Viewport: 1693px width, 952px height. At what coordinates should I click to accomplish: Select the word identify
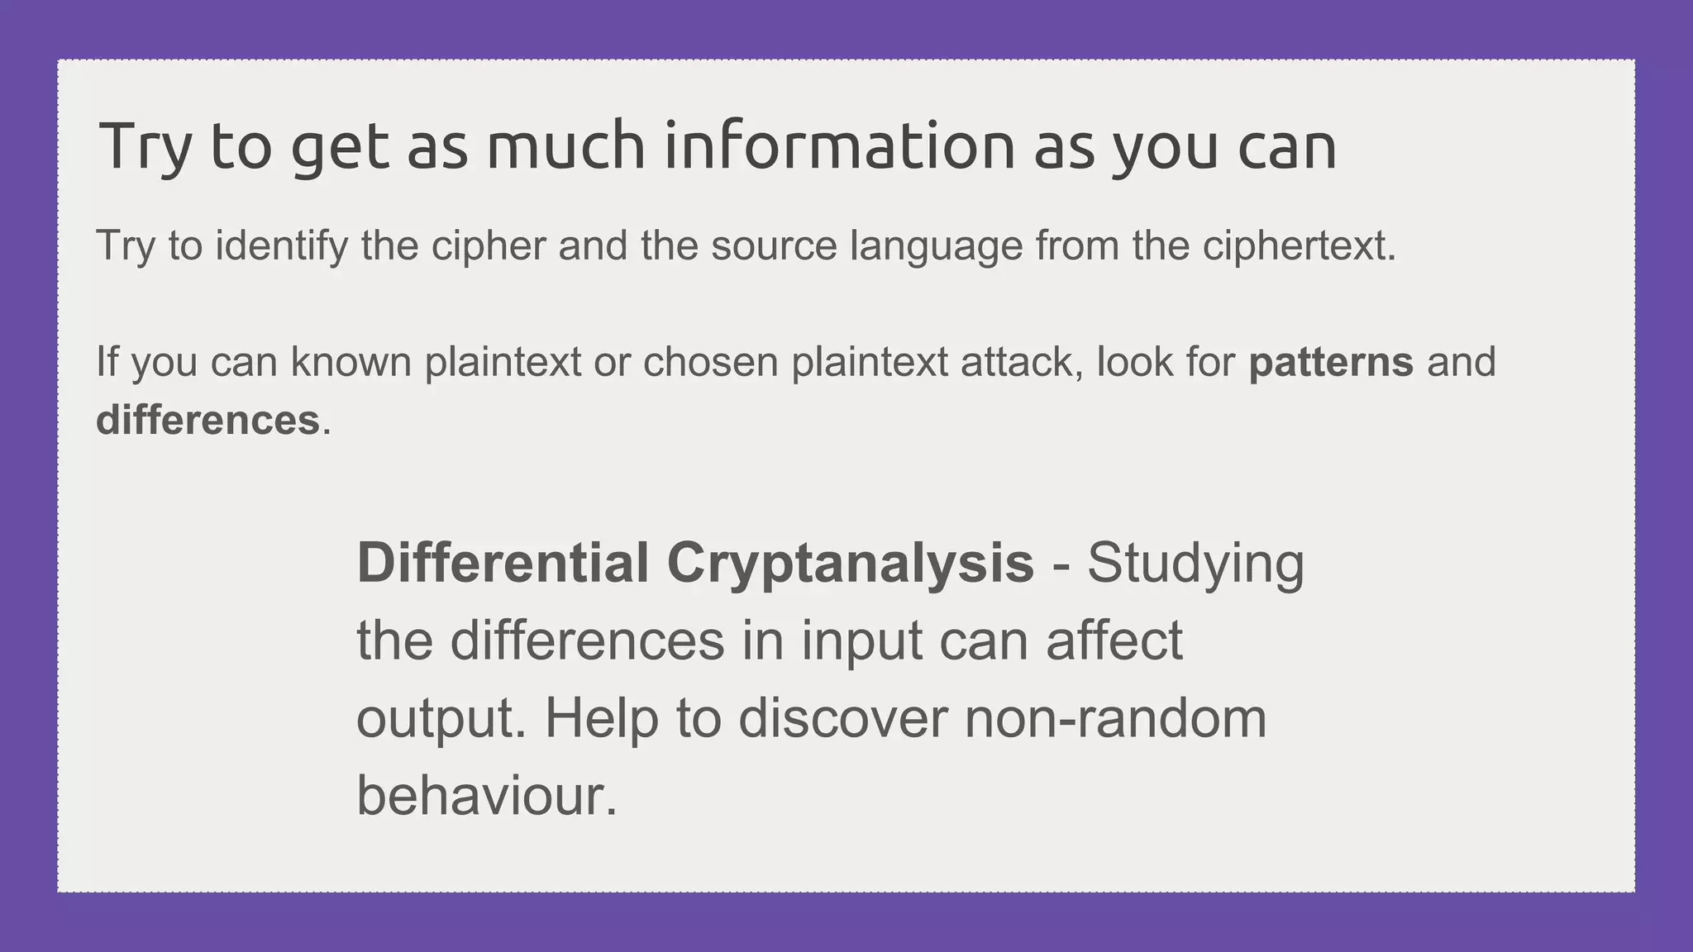282,245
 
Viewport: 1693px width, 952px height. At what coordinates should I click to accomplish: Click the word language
937,245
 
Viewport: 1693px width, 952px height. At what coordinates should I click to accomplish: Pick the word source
774,245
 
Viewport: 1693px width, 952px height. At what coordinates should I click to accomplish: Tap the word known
351,362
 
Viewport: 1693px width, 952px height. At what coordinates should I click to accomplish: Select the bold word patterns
1331,362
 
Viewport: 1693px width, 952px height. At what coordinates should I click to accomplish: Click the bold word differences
207,420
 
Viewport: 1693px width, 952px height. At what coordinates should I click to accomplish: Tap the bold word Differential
503,563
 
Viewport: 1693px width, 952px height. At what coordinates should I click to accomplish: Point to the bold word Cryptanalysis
850,563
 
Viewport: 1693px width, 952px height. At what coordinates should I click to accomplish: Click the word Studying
1195,563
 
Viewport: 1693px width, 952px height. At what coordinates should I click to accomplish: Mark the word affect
1114,640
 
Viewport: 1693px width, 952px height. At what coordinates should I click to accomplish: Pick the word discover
842,718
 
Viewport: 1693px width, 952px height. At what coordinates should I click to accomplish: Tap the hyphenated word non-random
1115,718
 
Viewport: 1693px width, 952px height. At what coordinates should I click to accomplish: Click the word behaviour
487,796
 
